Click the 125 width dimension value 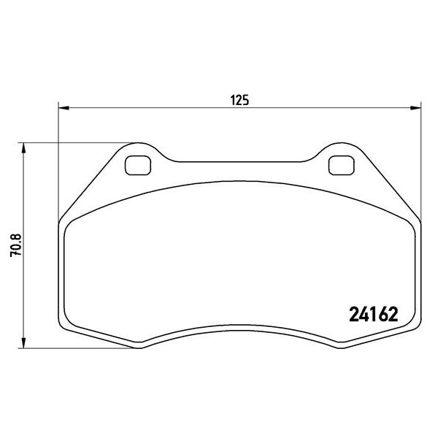[x=241, y=101]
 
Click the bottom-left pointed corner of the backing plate [x=141, y=346]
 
